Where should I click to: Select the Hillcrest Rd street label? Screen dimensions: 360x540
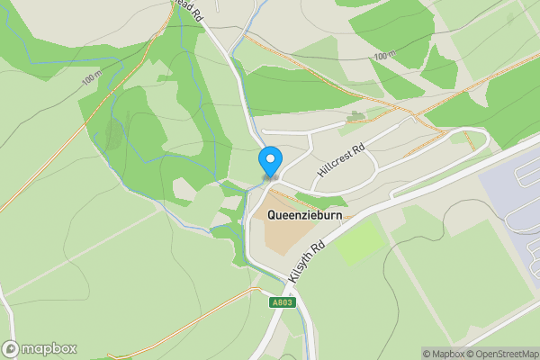tap(340, 160)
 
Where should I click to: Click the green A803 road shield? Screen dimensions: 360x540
tap(282, 303)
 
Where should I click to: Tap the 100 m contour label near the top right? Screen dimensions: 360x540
tap(384, 56)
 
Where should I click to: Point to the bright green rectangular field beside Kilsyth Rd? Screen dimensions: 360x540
tap(360, 241)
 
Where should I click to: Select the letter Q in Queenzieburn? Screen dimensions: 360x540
tap(273, 215)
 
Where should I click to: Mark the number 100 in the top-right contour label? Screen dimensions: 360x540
tap(380, 56)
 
